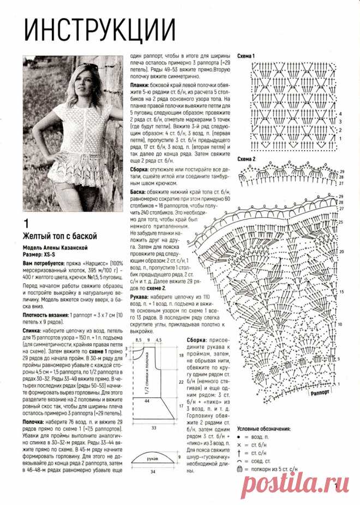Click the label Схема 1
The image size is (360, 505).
[x=247, y=56]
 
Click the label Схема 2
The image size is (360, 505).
[x=247, y=159]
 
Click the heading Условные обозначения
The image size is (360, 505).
[x=263, y=429]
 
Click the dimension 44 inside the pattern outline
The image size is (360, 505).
[x=147, y=401]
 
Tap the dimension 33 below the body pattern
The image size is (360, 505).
[x=154, y=427]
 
